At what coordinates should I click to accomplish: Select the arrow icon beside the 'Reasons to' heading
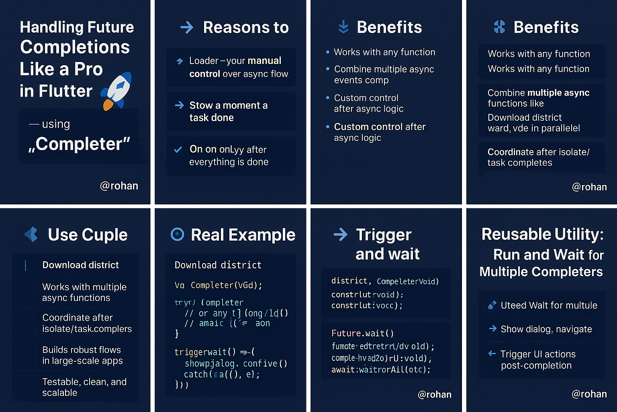point(187,27)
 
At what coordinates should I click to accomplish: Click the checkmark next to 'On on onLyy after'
point(178,150)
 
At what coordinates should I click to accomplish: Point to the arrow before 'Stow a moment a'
point(179,105)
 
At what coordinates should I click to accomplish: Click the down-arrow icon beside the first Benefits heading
point(343,27)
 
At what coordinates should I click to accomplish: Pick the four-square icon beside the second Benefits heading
point(499,27)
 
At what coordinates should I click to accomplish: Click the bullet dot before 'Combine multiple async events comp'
point(328,69)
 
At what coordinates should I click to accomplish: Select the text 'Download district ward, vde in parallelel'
point(533,123)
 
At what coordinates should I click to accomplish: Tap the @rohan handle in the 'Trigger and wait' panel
point(435,394)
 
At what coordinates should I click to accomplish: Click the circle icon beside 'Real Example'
point(177,234)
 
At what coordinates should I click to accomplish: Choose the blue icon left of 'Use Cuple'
point(31,234)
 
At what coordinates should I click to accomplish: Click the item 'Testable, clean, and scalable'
point(84,387)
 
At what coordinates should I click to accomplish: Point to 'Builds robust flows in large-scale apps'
point(82,355)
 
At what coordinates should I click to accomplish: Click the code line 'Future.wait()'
point(362,333)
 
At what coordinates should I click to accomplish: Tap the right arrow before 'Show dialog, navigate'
point(492,329)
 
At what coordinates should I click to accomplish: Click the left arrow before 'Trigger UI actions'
point(492,354)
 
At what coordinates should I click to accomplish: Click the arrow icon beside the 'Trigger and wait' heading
point(341,234)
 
